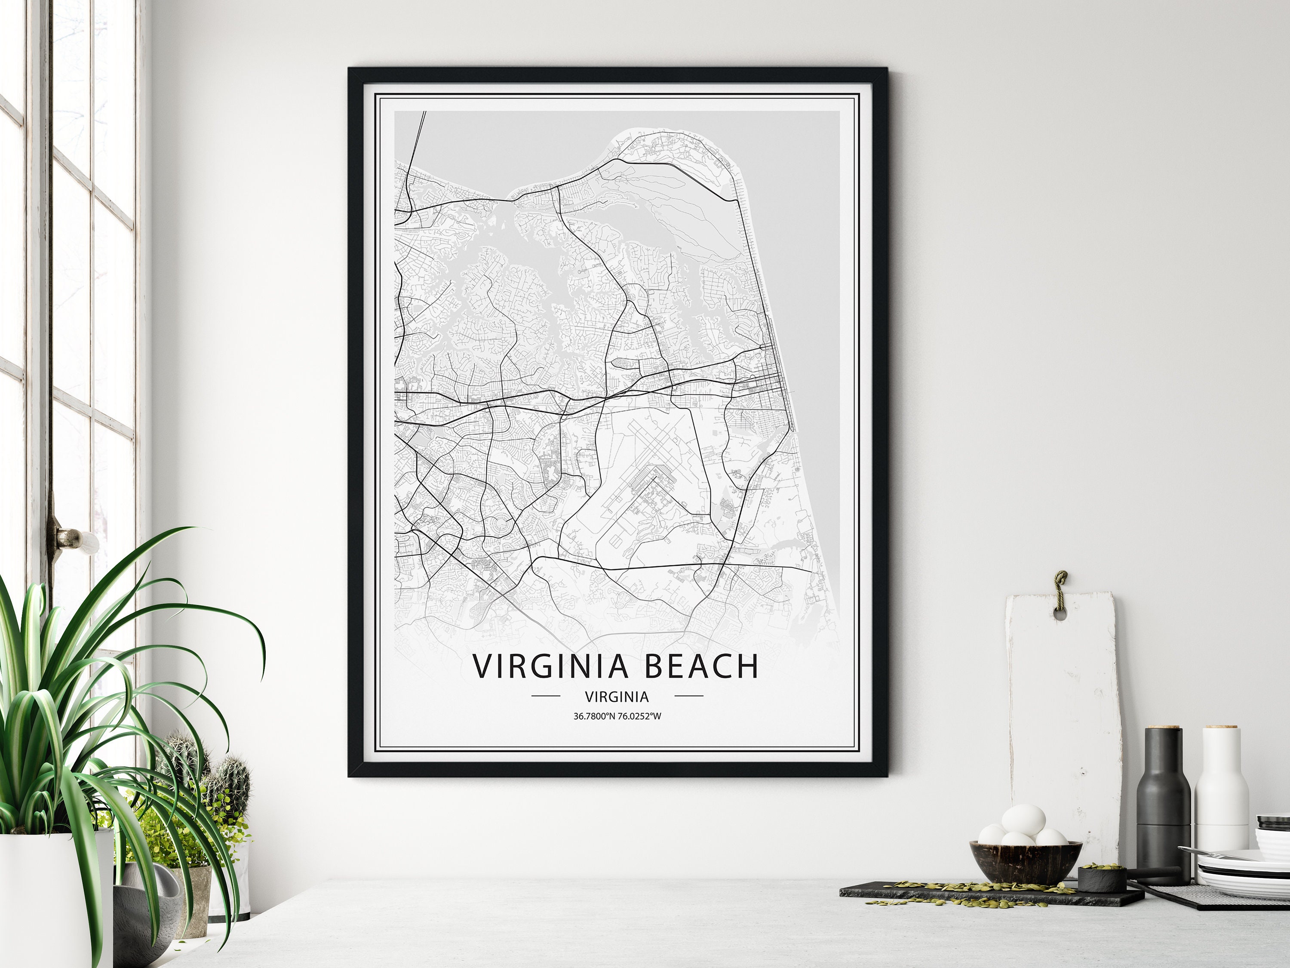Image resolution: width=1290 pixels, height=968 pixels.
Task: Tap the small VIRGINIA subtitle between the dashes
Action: coord(617,696)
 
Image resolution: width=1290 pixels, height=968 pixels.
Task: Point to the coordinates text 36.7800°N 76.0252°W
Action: coord(617,716)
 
